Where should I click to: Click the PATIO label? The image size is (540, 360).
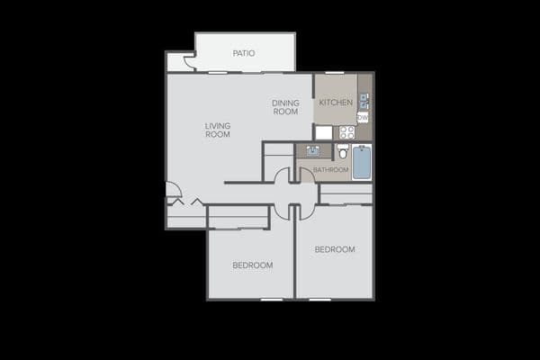(x=244, y=53)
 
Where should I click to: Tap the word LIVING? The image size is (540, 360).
(x=218, y=126)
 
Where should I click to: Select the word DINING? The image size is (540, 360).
(x=285, y=103)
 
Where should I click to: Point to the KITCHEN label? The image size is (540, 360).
(x=336, y=103)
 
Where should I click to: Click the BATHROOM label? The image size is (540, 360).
(x=330, y=169)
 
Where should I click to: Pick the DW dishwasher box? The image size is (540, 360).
(x=363, y=118)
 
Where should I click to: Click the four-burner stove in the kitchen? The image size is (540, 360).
(x=346, y=132)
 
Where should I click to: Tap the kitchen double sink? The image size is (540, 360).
(x=364, y=102)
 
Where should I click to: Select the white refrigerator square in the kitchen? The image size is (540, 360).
(x=324, y=132)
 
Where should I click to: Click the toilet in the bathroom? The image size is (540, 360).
(x=343, y=151)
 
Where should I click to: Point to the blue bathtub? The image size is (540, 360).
(x=362, y=162)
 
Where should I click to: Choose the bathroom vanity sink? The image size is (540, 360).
(x=313, y=151)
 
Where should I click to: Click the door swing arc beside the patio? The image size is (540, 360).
(x=189, y=61)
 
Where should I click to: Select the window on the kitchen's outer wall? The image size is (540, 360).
(x=335, y=73)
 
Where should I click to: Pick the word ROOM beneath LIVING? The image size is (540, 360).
(x=218, y=134)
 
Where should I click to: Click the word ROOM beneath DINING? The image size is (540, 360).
(x=285, y=112)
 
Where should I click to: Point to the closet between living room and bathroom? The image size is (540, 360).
(x=278, y=162)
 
